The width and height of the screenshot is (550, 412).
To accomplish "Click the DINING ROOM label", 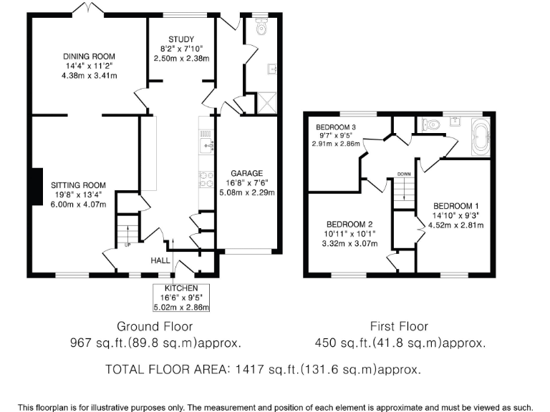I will coord(89,57).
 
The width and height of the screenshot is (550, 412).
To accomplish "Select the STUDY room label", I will coord(181,39).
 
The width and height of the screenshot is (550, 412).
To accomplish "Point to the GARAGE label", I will coord(246,173).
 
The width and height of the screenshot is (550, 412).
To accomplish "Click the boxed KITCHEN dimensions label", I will coord(181,298).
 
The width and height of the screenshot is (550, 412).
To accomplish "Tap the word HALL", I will coord(160,261).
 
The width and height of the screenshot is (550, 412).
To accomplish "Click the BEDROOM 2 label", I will coord(350,223).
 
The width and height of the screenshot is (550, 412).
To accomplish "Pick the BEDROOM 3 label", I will coord(336,127).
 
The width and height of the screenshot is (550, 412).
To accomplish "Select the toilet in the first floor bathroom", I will coord(431,124).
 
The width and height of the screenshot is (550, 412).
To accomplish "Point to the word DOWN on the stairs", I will coord(404,174).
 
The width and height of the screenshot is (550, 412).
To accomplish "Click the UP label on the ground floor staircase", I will coord(128,244).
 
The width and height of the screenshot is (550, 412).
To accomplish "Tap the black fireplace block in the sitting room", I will coord(34,185).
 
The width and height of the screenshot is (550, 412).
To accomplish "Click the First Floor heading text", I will coord(400,327).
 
